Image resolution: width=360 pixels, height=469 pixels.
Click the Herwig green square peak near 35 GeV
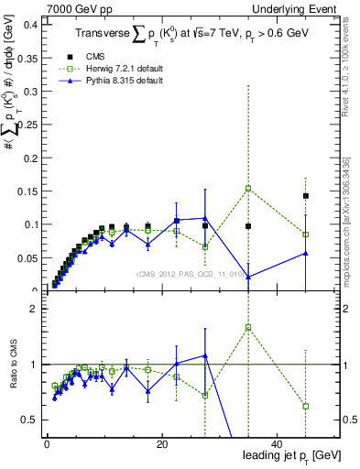tap(248, 189)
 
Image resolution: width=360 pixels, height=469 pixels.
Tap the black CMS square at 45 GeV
tap(306, 196)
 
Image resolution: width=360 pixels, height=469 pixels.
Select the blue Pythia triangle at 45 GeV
tap(306, 253)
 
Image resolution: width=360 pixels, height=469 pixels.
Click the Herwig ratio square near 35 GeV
tap(248, 327)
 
